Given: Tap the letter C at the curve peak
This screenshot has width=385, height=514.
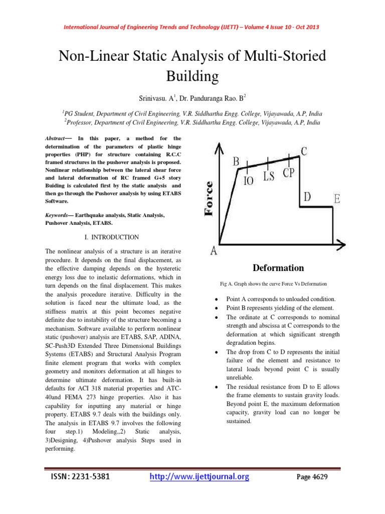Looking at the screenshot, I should click(x=304, y=150).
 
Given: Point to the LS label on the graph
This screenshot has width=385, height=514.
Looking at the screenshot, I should click(x=269, y=177).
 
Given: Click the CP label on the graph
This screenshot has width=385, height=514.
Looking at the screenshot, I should click(x=289, y=174).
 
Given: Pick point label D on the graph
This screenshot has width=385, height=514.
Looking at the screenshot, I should click(x=307, y=197).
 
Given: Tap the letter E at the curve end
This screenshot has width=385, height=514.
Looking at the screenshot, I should click(x=337, y=199).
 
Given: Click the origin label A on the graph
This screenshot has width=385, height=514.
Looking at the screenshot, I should click(x=214, y=251).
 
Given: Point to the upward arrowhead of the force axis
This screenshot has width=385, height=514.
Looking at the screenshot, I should click(x=220, y=147).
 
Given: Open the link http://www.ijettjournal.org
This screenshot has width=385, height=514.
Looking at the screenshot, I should click(x=200, y=477).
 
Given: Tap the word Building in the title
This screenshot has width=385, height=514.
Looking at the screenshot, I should click(x=192, y=76).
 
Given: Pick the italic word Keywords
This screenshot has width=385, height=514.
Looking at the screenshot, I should click(x=52, y=214).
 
